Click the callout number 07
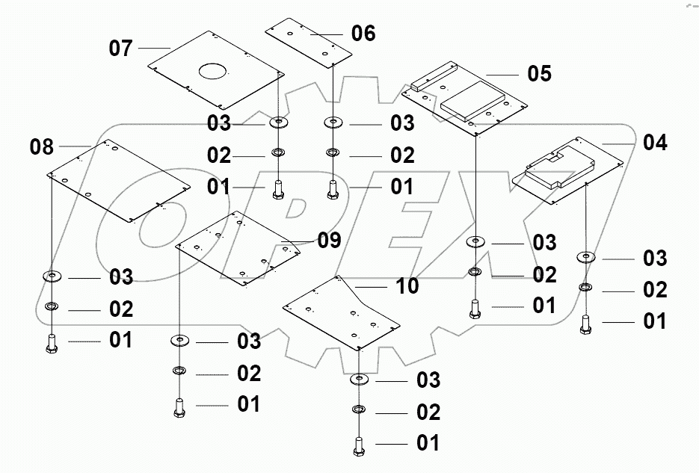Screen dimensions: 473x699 click(x=121, y=49)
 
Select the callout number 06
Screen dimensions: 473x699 click(x=363, y=34)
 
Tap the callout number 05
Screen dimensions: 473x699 click(x=539, y=73)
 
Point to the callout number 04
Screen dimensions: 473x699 click(x=655, y=142)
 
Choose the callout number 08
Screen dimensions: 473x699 click(x=42, y=146)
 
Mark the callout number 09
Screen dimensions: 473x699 click(x=329, y=240)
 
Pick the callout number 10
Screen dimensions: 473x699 click(x=407, y=285)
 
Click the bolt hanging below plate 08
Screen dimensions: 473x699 click(x=52, y=343)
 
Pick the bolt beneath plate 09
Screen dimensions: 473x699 click(x=179, y=407)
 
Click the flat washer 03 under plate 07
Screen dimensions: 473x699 click(x=279, y=122)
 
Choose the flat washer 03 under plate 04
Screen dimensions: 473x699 click(x=586, y=258)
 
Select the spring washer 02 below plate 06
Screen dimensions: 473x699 click(x=332, y=154)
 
